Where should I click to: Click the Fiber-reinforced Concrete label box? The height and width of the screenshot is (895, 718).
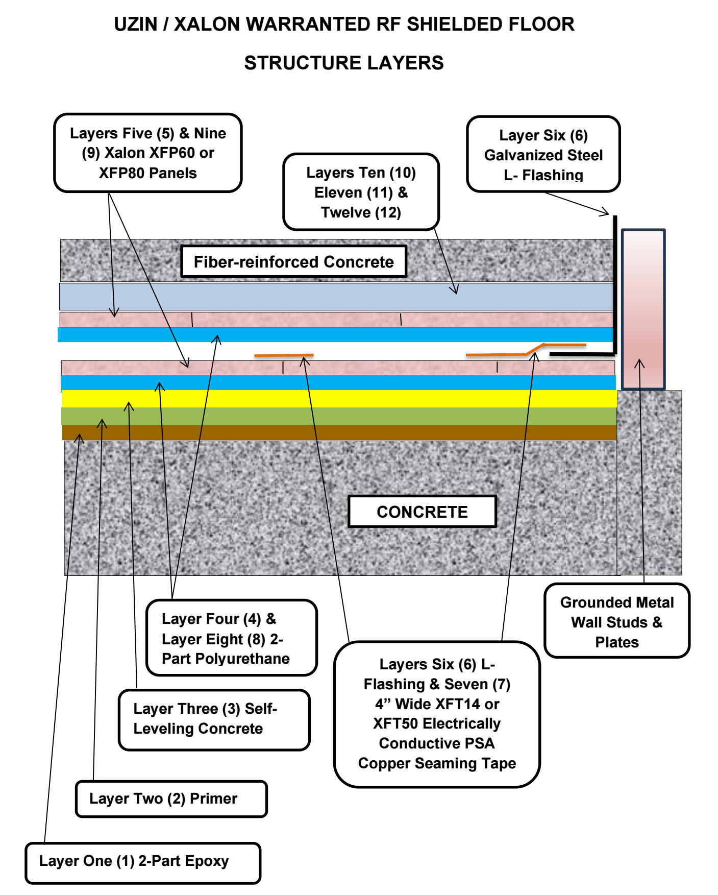point(293,261)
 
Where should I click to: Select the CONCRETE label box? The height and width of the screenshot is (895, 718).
point(422,512)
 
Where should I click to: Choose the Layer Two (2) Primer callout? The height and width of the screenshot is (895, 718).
point(171,799)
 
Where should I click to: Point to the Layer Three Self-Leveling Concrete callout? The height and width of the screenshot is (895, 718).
point(214,719)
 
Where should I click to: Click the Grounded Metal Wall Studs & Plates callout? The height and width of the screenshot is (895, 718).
point(616,621)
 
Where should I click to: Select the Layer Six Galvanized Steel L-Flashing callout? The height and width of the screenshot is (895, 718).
point(543,154)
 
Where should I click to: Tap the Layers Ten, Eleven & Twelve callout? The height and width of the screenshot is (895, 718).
point(361,192)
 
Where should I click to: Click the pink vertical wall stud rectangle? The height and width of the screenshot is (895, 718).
point(643,309)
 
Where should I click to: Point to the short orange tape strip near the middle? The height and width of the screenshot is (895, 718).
point(284,355)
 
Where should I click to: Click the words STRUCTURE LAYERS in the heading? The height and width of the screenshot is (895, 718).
point(343,63)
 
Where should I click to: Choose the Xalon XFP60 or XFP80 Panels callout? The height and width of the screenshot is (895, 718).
point(147,153)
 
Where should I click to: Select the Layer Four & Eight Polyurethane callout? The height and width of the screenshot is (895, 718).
point(231,638)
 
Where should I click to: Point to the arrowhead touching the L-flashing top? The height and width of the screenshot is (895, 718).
point(606,212)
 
